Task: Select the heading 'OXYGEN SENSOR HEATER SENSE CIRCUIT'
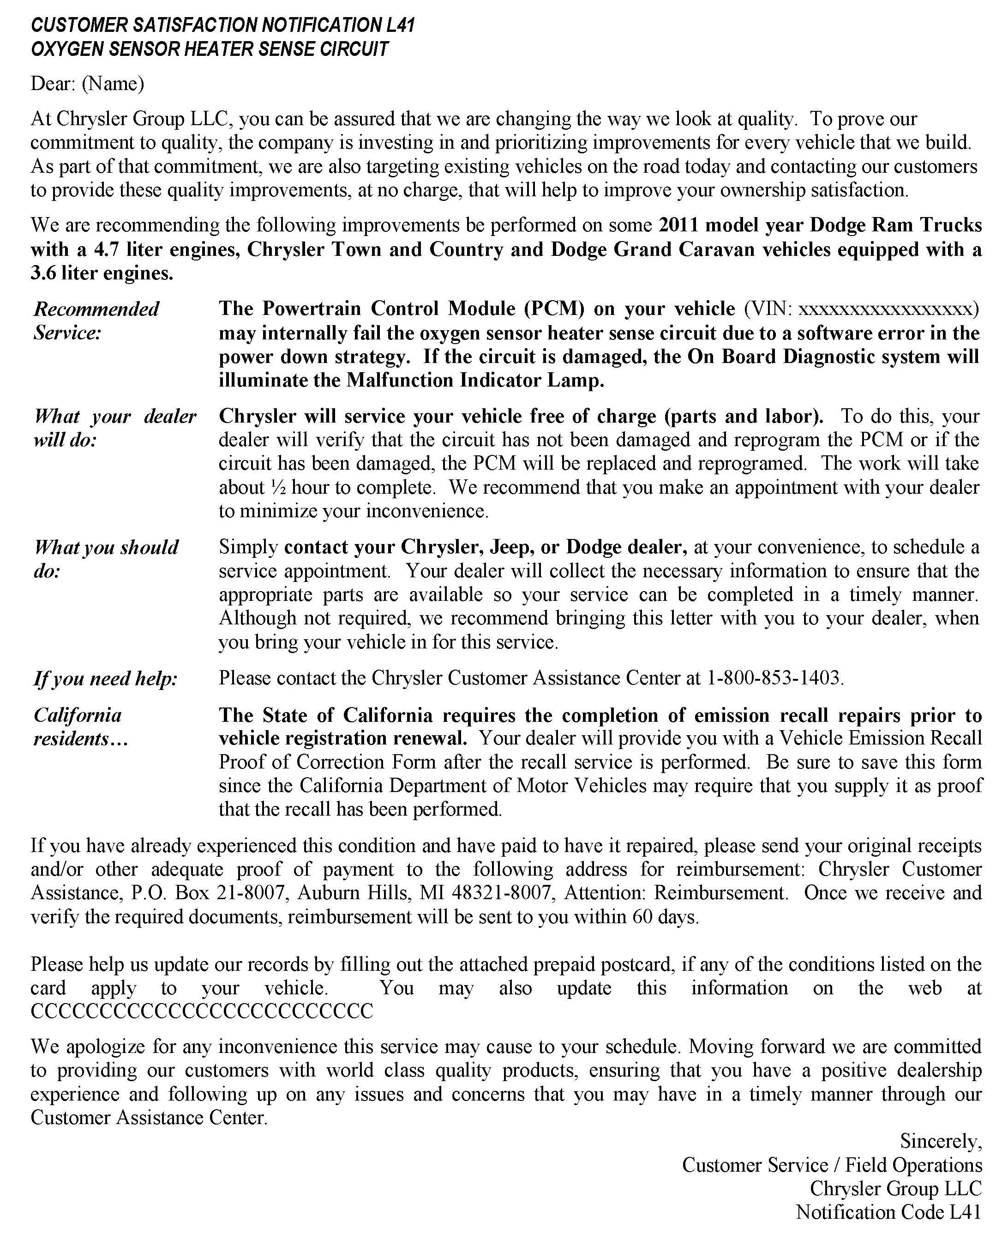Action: coord(210,49)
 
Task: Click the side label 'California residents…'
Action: coord(80,726)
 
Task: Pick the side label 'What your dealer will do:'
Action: coord(115,428)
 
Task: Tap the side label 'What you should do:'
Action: coord(106,559)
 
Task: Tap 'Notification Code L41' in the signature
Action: coord(888,1212)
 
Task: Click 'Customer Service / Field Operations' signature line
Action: coord(831,1165)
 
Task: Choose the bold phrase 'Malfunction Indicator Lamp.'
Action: coord(474,381)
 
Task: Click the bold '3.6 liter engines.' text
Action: coord(102,273)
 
